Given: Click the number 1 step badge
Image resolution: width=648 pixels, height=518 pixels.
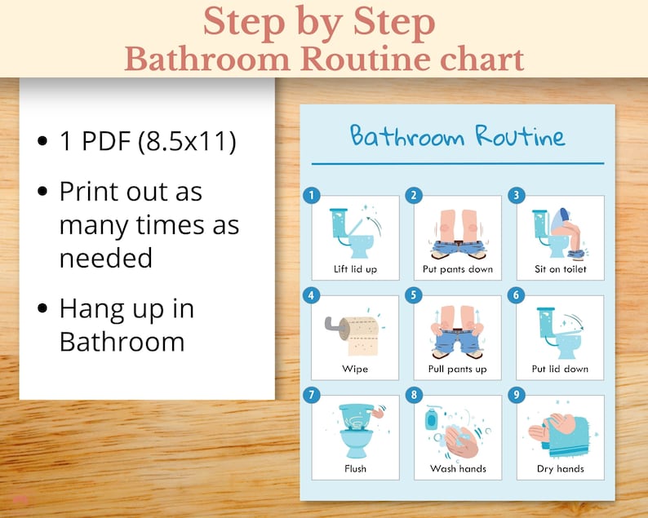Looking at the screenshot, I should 312,195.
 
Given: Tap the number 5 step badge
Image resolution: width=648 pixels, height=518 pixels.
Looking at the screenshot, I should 415,295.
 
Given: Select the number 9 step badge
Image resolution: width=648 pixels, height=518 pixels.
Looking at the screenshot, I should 516,396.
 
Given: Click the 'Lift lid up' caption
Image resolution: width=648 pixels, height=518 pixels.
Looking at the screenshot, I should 355,269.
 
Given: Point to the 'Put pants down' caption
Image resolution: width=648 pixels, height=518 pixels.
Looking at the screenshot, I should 458,269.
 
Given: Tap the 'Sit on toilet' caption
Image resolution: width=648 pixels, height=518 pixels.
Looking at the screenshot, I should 560,269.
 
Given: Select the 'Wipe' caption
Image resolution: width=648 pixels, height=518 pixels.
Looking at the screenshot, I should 355,370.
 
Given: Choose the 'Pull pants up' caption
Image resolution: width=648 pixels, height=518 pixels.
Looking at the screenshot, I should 457,370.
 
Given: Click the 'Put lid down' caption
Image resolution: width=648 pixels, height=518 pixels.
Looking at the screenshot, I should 560,370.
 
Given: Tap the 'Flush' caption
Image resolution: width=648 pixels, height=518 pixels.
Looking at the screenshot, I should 355,469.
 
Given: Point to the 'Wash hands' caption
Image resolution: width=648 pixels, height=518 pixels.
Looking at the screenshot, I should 458,469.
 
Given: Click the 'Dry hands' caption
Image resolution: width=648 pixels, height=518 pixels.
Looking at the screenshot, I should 560,469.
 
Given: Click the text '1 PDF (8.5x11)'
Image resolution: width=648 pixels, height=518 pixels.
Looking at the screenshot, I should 148,141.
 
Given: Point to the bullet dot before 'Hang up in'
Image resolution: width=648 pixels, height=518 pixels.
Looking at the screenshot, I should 42,311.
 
